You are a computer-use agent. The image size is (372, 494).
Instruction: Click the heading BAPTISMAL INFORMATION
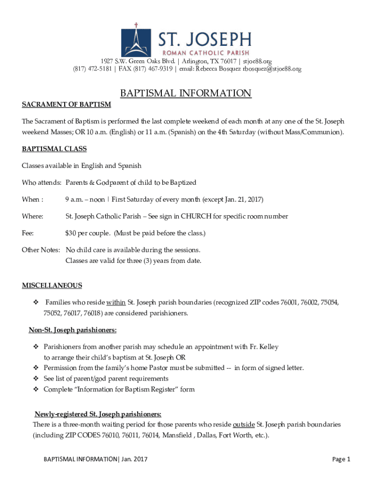coord(186,93)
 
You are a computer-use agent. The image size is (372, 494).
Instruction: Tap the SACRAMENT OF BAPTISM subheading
coord(66,105)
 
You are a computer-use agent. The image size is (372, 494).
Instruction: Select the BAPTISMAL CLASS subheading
coord(54,150)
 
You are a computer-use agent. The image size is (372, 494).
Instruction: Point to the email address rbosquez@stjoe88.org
coord(272,69)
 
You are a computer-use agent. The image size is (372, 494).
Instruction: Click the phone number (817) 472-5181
coord(92,69)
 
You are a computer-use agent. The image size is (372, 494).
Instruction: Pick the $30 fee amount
coord(71,233)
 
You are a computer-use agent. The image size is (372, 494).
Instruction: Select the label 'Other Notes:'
coord(41,250)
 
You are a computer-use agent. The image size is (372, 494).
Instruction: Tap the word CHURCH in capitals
coord(195,217)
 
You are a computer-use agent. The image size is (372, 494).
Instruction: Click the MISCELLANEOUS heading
coord(52,286)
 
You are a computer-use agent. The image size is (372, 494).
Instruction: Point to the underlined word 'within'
coord(116,302)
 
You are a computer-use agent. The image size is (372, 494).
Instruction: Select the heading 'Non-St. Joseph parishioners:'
coord(72,330)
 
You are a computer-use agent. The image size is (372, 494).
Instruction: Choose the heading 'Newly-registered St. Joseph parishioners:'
coord(98,414)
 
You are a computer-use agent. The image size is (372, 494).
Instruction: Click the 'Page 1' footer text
coord(341,459)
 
